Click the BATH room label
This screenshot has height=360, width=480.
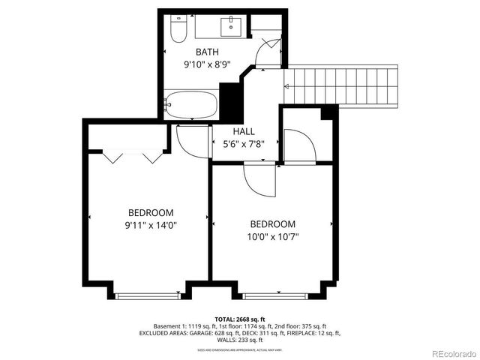tap(207, 52)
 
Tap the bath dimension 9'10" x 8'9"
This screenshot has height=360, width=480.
tap(207, 65)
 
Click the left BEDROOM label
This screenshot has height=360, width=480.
tap(151, 212)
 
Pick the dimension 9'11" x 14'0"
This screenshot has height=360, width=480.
tap(151, 225)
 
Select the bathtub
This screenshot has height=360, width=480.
tap(190, 104)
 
